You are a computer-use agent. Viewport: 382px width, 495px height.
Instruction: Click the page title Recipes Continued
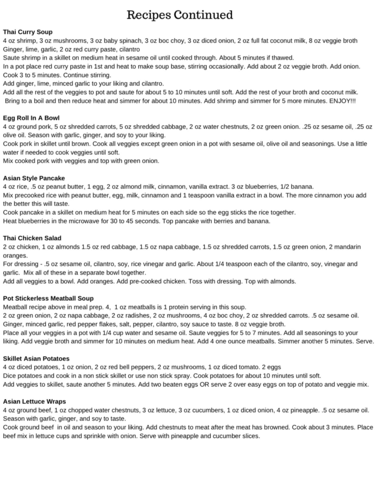180,15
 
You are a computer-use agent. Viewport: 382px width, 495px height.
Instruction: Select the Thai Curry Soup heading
28,32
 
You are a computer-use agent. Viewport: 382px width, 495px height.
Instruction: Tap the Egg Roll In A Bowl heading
31,117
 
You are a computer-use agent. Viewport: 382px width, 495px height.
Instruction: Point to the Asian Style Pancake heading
34,178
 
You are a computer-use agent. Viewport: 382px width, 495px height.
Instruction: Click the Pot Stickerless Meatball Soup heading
48,298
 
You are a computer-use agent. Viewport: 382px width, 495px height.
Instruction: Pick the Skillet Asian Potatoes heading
36,359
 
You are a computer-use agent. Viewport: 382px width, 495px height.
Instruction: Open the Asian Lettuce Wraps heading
35,401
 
